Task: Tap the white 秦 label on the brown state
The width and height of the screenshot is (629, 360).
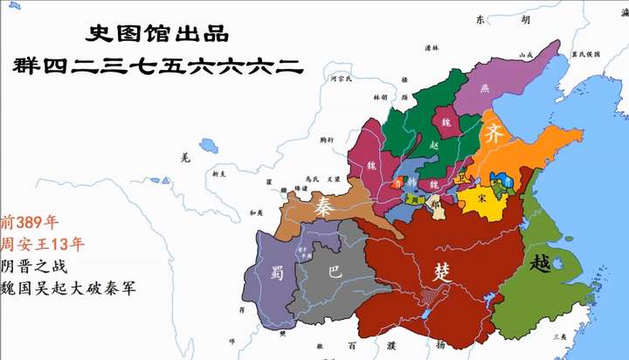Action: pyautogui.click(x=324, y=206)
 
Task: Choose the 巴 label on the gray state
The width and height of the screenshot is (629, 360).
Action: pyautogui.click(x=334, y=272)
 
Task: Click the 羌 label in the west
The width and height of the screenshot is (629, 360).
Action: pyautogui.click(x=183, y=158)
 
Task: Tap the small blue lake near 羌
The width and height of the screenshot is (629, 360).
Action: pyautogui.click(x=209, y=144)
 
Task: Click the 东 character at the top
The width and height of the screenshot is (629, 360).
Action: pyautogui.click(x=479, y=19)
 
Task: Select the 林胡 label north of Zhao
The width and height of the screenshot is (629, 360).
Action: pyautogui.click(x=379, y=97)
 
